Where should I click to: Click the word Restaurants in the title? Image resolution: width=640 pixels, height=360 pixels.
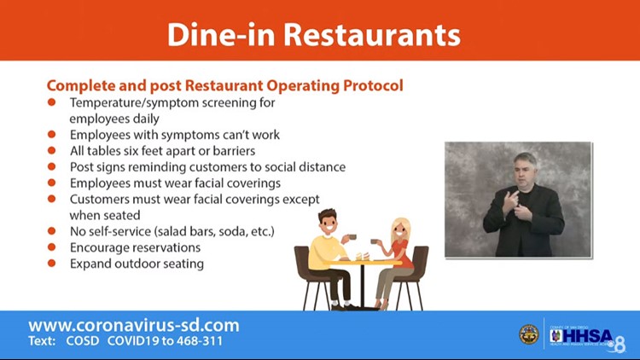372,34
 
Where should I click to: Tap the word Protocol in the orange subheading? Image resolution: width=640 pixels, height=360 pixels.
373,85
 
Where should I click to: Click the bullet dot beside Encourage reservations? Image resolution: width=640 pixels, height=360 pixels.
51,247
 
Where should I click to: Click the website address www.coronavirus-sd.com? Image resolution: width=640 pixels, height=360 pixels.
134,325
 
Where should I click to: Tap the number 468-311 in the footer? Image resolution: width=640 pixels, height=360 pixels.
200,340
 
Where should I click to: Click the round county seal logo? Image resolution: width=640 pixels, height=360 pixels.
528,334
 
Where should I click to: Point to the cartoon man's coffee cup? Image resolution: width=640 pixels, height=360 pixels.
352,237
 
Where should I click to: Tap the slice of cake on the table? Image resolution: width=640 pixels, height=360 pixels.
362,256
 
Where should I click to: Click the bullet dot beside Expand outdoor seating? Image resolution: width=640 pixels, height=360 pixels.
51,263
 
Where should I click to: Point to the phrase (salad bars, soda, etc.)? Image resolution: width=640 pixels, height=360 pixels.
214,231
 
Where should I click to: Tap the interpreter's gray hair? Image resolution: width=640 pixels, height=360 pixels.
526,160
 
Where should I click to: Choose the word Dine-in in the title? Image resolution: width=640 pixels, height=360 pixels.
221,34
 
